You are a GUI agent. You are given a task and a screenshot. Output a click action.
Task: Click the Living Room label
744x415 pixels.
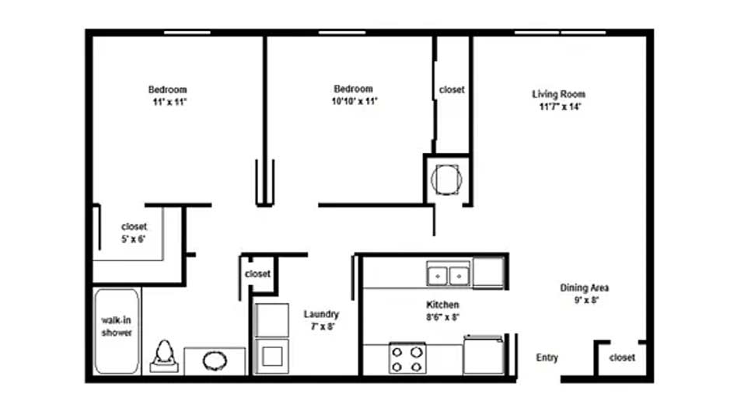point(558,94)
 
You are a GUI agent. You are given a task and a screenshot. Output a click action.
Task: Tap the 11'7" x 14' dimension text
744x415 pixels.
point(560,106)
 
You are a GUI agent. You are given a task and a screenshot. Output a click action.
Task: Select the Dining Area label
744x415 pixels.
point(584,288)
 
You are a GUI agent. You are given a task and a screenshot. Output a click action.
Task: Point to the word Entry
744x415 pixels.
point(547,357)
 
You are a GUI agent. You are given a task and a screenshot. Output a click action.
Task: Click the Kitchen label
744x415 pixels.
point(442,305)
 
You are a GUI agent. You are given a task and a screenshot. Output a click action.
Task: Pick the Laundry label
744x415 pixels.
point(321,314)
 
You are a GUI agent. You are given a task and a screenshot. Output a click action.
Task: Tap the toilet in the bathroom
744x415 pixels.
point(164,356)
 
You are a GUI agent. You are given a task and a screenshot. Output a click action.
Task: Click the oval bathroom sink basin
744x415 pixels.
point(215,361)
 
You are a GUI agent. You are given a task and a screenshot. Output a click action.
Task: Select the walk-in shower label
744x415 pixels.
point(117,326)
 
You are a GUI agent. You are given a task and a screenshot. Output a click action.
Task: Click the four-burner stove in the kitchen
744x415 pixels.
point(407,358)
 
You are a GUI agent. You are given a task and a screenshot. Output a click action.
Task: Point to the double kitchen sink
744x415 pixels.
point(448,275)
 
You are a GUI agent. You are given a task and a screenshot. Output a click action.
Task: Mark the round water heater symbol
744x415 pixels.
point(446,180)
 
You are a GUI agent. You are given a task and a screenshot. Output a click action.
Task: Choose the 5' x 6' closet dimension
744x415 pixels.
point(134,239)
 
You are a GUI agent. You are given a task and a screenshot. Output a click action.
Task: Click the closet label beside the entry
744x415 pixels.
point(622,357)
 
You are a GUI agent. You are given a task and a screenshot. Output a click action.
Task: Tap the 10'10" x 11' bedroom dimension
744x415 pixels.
point(355,101)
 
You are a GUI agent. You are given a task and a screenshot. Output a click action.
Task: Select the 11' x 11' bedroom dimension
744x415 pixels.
point(169,102)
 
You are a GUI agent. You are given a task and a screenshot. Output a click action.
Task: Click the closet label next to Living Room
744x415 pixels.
point(452,89)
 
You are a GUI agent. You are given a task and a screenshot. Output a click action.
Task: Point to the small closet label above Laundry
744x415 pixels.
point(257,274)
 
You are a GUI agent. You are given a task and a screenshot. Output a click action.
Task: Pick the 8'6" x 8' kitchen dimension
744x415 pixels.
point(442,317)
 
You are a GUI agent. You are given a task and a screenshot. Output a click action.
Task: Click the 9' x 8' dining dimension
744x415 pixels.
point(586,300)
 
